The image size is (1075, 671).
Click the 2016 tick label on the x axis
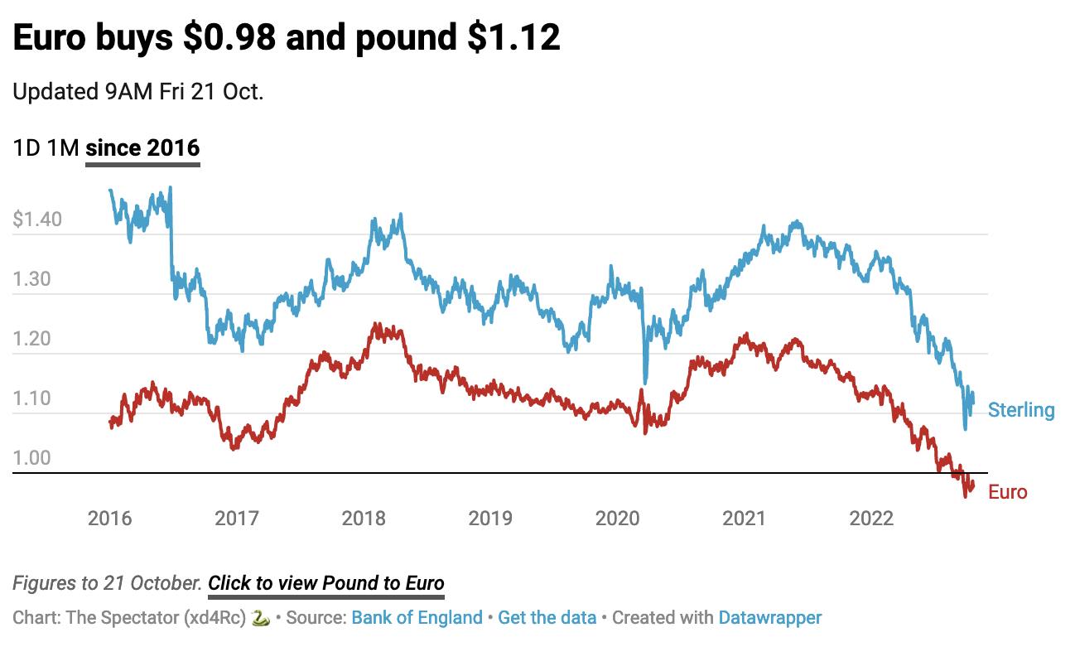coord(109,519)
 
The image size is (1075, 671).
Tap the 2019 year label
coord(490,519)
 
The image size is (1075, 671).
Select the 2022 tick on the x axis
coord(871,519)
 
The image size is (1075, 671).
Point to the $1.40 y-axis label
coord(37,220)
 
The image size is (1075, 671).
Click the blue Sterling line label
coord(1021,410)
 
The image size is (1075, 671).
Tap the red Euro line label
coord(1008,492)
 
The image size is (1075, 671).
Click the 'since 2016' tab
coord(142,148)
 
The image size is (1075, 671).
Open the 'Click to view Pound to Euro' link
coord(326,583)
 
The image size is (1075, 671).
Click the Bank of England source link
coord(417,618)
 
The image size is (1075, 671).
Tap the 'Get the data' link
coord(547,618)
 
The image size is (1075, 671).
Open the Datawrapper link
coord(770,618)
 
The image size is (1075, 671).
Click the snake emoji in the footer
coord(261,618)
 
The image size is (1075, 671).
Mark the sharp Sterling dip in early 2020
coord(645,382)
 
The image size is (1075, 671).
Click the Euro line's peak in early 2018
coord(377,325)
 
